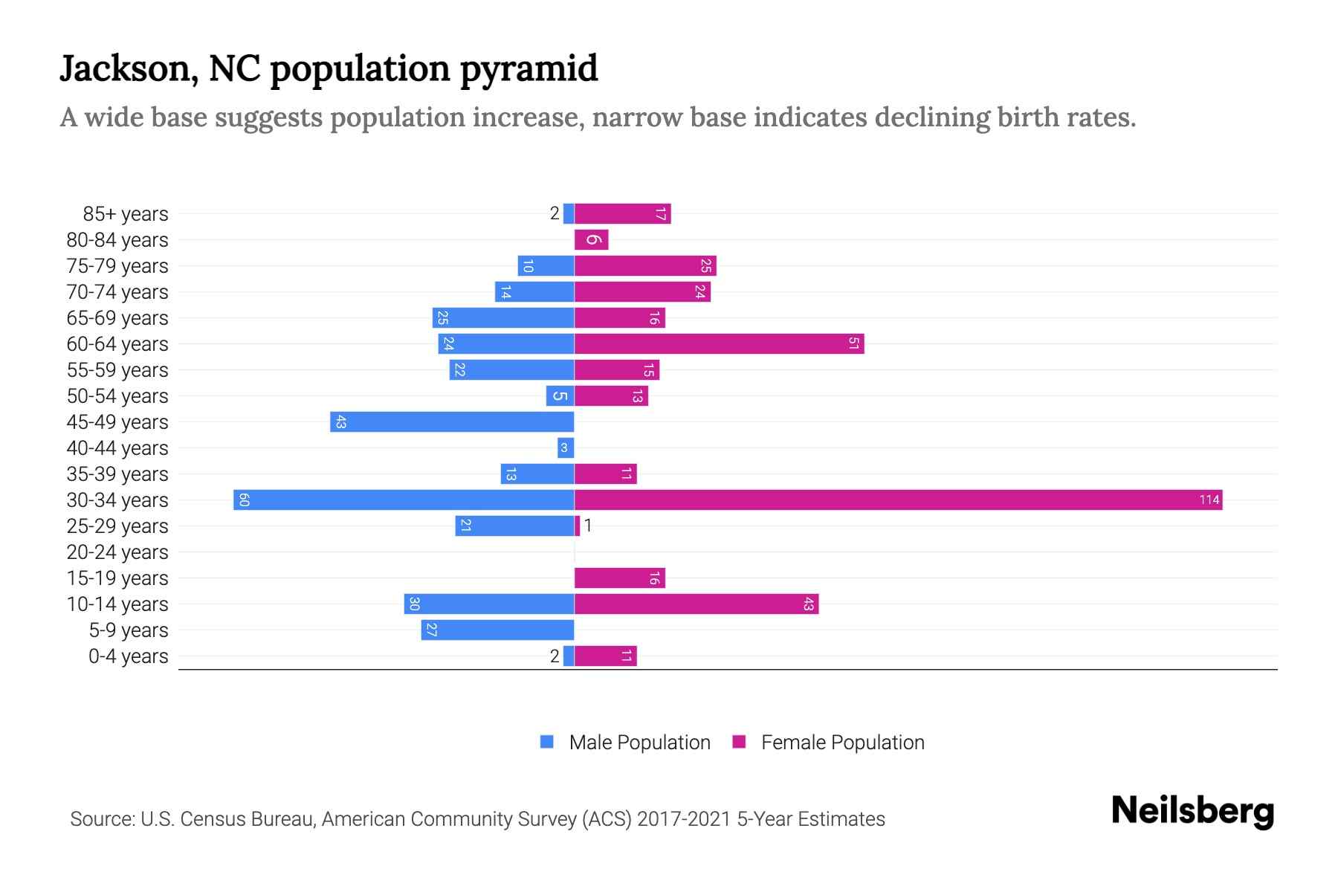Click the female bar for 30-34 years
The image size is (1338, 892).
click(898, 500)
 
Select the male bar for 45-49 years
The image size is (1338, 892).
click(452, 421)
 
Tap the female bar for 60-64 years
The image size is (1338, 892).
click(719, 343)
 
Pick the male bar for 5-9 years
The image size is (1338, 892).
click(497, 630)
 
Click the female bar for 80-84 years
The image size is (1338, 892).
click(591, 239)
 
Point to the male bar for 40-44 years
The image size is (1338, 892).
click(566, 447)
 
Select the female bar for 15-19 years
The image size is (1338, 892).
click(619, 578)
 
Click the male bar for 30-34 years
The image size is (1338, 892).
click(404, 500)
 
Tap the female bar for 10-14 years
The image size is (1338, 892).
click(697, 604)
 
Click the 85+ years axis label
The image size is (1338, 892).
click(125, 214)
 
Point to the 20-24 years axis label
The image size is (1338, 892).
click(117, 552)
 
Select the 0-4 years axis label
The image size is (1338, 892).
click(128, 656)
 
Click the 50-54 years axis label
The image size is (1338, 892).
click(117, 396)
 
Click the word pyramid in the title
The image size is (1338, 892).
click(529, 69)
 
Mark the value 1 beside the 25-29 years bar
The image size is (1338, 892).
click(588, 526)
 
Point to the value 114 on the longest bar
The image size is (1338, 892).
click(1209, 500)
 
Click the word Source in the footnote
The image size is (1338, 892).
click(101, 819)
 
